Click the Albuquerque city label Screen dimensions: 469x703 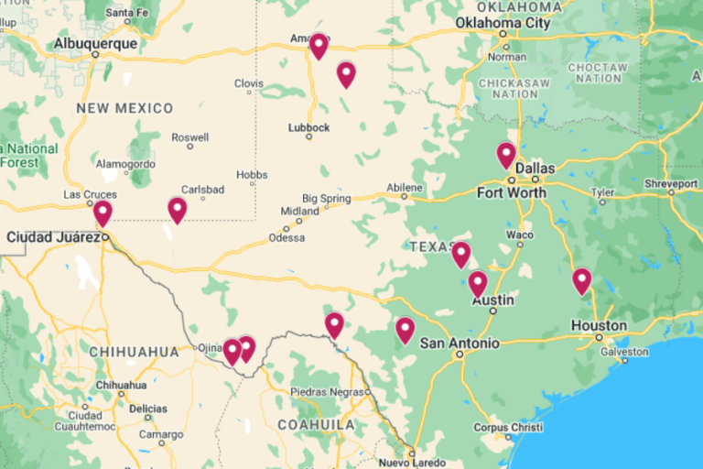(95, 43)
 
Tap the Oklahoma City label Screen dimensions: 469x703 (503, 23)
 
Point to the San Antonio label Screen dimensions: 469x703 (460, 343)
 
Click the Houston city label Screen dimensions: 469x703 (599, 325)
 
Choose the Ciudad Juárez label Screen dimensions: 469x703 (52, 237)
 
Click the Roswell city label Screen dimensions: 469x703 (189, 136)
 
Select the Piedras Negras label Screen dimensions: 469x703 (319, 392)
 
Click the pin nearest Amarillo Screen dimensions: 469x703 (319, 45)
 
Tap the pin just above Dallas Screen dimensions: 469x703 (506, 155)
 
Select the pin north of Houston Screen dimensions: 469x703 (582, 280)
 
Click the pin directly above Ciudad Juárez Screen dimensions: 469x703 (103, 213)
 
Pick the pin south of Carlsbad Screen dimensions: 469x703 (178, 210)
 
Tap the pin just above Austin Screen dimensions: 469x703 (478, 284)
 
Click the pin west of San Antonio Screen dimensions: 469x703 (405, 329)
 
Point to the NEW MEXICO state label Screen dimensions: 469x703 (124, 108)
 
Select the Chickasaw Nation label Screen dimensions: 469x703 (507, 88)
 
